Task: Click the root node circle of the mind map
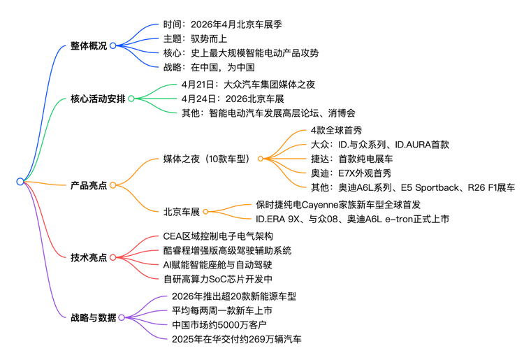click(20, 182)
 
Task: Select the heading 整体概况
click(89, 45)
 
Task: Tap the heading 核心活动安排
click(98, 99)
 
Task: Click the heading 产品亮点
click(89, 185)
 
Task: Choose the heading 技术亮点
click(89, 257)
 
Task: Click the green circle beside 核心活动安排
click(131, 99)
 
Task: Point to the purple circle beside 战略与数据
click(122, 317)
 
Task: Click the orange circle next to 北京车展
click(205, 211)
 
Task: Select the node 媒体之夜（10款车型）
click(208, 159)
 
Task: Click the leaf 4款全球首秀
click(336, 131)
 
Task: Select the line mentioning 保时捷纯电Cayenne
click(338, 205)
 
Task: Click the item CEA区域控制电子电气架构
click(218, 236)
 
